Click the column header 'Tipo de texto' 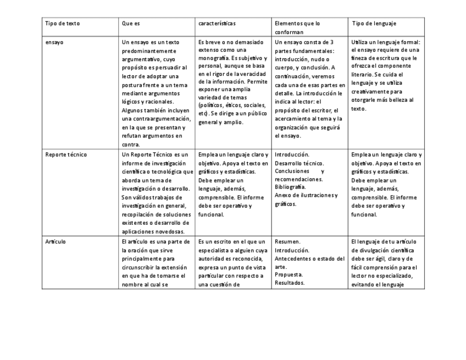point(63,24)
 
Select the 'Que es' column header point(131,24)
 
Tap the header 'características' point(217,24)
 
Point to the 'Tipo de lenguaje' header point(374,24)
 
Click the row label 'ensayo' point(54,42)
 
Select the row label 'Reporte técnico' point(66,154)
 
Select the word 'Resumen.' point(287,241)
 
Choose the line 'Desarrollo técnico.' point(299,163)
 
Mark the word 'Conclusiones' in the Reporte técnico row point(292,171)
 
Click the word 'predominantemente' point(146,51)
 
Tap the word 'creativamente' point(370,92)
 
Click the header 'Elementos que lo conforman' point(297,27)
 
